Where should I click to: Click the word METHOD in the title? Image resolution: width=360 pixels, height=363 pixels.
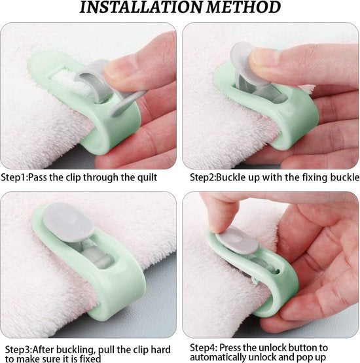pyautogui.click(x=243, y=7)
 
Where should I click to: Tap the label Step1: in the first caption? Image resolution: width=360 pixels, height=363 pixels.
pyautogui.click(x=14, y=177)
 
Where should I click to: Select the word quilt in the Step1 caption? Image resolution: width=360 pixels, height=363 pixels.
pyautogui.click(x=147, y=177)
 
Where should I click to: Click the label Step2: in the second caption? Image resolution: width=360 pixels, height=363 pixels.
pyautogui.click(x=203, y=177)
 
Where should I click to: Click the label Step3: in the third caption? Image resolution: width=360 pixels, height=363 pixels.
pyautogui.click(x=18, y=349)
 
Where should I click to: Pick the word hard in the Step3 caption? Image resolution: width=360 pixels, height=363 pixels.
pyautogui.click(x=160, y=349)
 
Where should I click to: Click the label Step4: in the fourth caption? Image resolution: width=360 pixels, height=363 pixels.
pyautogui.click(x=204, y=348)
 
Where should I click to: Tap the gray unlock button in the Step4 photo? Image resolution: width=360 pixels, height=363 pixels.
pyautogui.click(x=237, y=239)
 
